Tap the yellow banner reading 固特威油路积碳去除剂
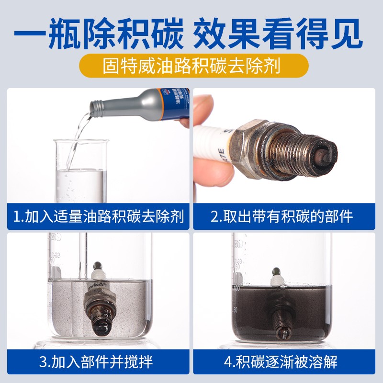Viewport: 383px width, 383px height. tap(191, 66)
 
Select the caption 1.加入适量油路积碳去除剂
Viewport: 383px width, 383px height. tap(98, 216)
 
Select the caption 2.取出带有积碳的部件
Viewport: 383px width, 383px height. tap(282, 216)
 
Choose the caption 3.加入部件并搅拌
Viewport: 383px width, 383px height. tap(98, 362)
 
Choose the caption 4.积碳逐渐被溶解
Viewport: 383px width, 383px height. tap(282, 362)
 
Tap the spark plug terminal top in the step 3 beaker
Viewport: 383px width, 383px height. tap(98, 265)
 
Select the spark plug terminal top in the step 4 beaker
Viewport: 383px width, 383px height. tap(276, 271)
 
